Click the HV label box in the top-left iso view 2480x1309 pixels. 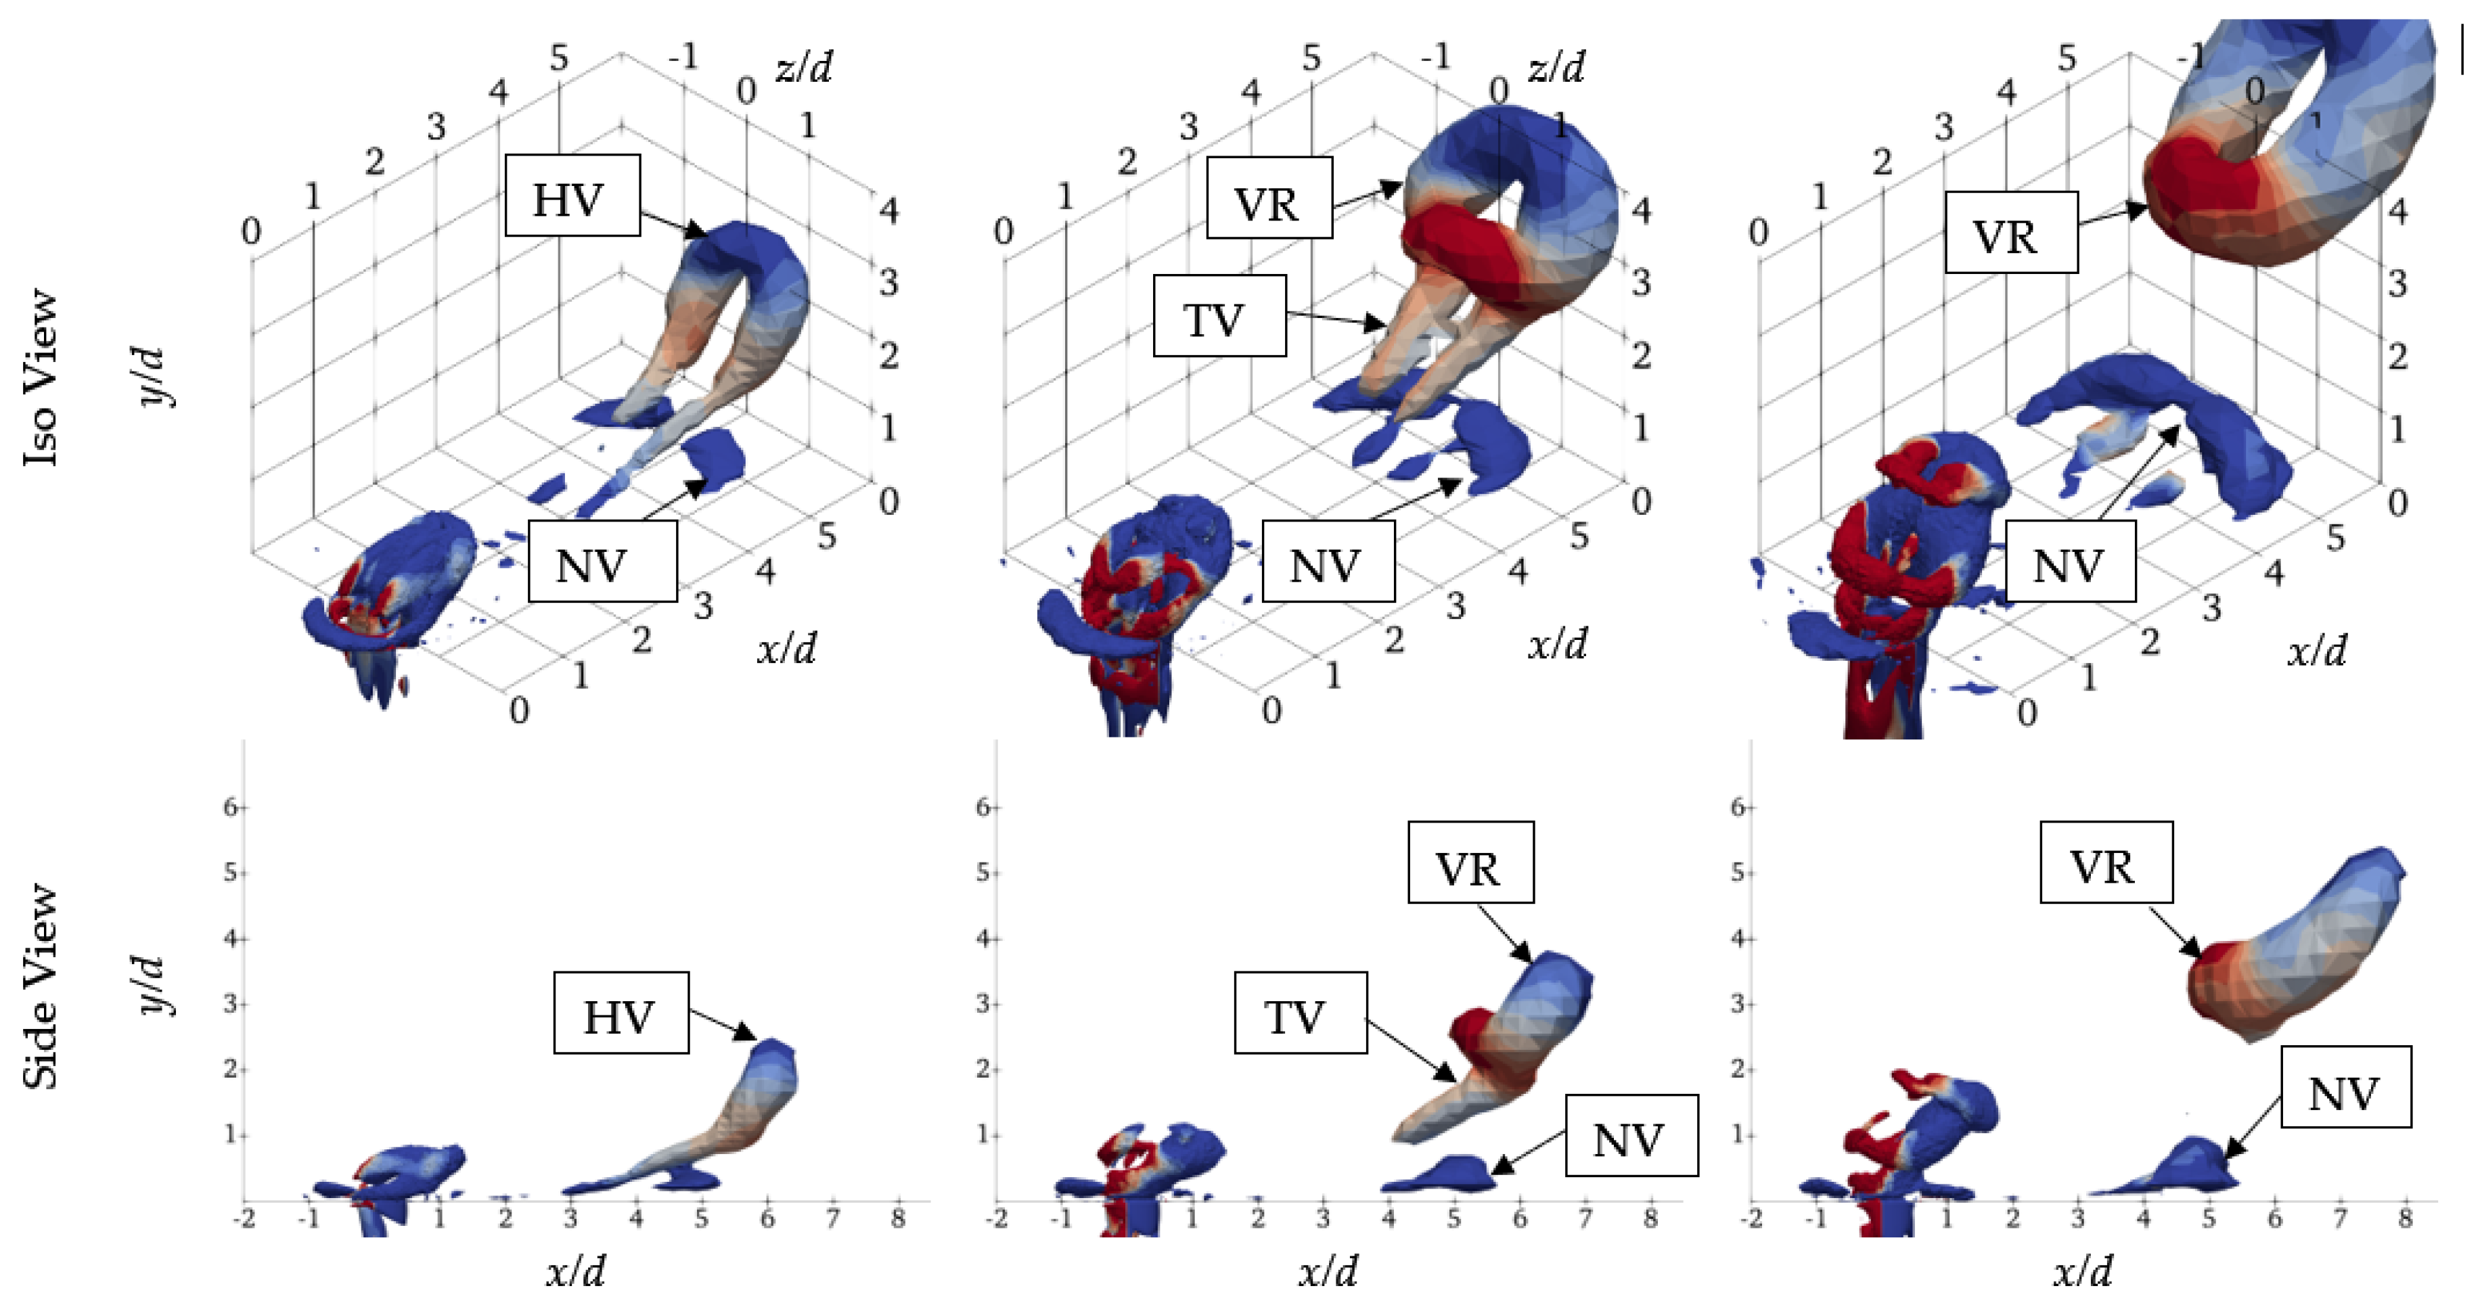pyautogui.click(x=572, y=196)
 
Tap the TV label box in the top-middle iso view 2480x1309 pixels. pyautogui.click(x=1219, y=316)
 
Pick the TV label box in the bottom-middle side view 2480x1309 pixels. pyautogui.click(x=1300, y=1013)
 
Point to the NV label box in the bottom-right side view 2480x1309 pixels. pyautogui.click(x=2345, y=1088)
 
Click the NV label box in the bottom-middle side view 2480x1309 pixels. pyautogui.click(x=1631, y=1136)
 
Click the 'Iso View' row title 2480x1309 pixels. pyautogui.click(x=41, y=377)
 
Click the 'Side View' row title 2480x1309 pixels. pyautogui.click(x=41, y=986)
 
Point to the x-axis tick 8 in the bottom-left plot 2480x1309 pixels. pyautogui.click(x=898, y=1218)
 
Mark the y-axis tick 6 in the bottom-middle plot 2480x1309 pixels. pyautogui.click(x=982, y=806)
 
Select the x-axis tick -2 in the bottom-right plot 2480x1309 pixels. pyautogui.click(x=1752, y=1218)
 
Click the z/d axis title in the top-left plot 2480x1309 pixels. pyautogui.click(x=803, y=68)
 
